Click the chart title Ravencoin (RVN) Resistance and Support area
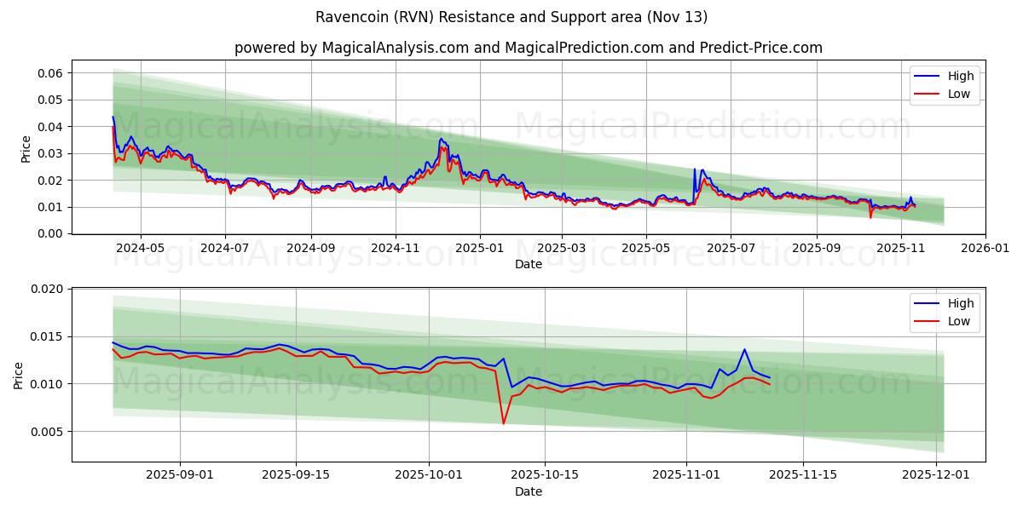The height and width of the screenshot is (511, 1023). [x=511, y=17]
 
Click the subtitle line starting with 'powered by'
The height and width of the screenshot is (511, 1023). [x=529, y=48]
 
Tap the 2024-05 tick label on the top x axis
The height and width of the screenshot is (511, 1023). [x=141, y=248]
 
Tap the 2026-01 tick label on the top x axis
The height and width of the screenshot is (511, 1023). [x=985, y=248]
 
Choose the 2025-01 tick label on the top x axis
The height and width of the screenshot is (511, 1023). [x=480, y=248]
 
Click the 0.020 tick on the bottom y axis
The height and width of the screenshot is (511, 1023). [x=48, y=290]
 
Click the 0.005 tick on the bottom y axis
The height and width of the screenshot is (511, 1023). [x=48, y=432]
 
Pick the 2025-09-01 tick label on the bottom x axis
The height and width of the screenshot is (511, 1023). [x=179, y=475]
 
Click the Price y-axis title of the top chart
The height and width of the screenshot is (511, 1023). [x=26, y=149]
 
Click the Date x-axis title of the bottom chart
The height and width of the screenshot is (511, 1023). [x=529, y=491]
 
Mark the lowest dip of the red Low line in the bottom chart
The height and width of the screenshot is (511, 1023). [x=503, y=423]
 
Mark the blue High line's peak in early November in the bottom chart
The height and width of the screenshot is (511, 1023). [x=744, y=349]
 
